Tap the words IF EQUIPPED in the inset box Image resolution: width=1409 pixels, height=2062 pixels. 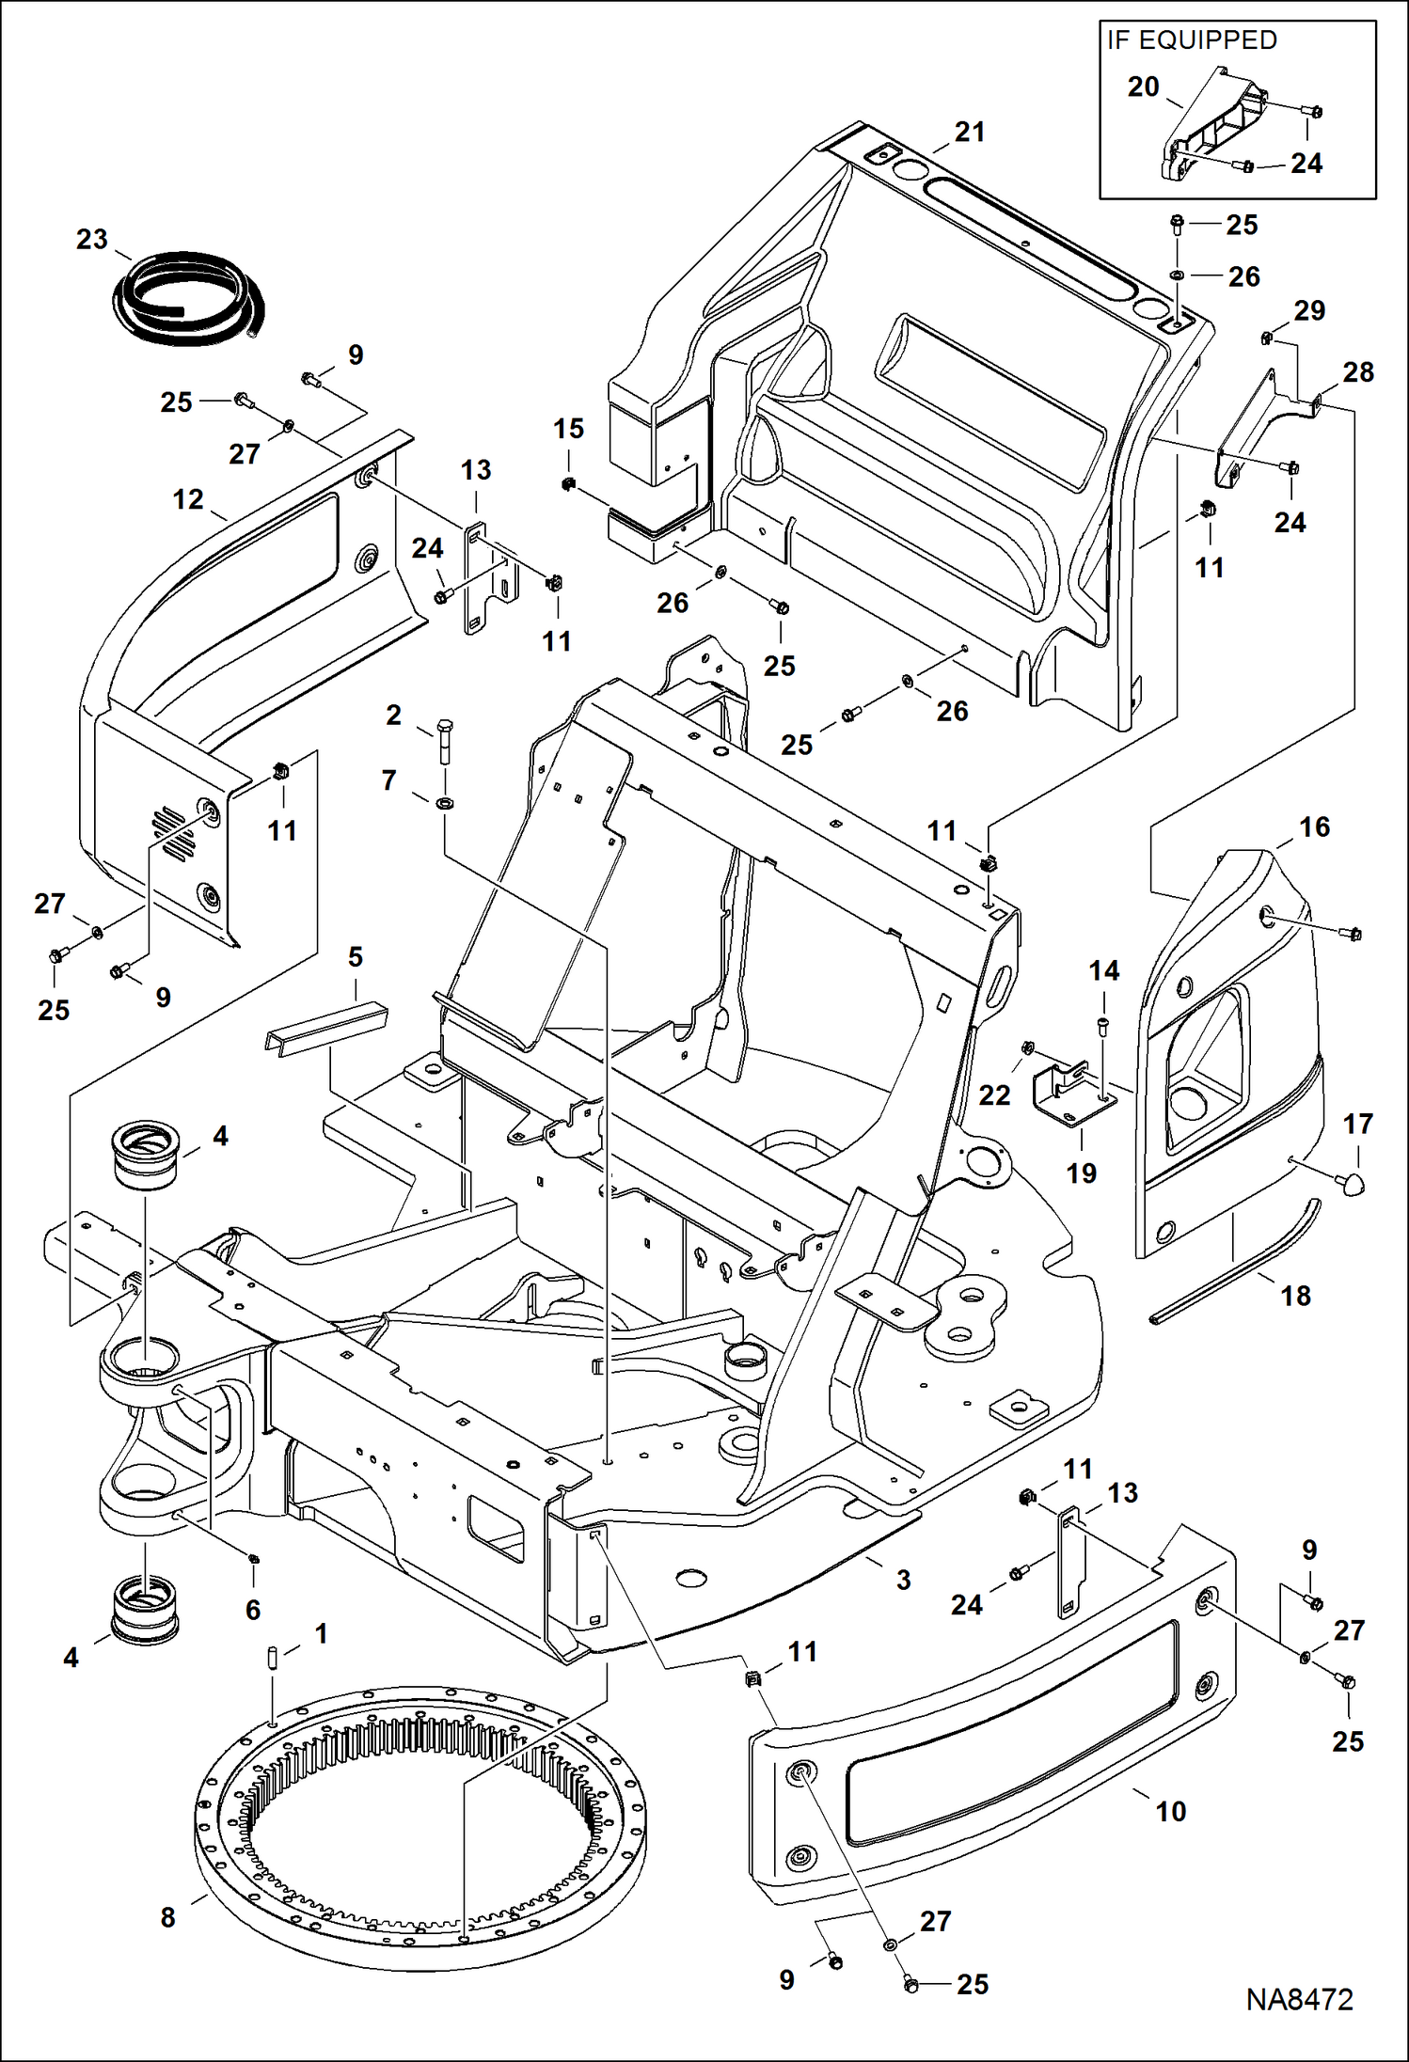(x=1192, y=40)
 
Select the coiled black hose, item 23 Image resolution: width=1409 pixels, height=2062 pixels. (x=193, y=295)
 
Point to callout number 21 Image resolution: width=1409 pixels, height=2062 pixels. (x=969, y=133)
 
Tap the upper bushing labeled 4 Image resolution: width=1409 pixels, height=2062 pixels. (x=145, y=1156)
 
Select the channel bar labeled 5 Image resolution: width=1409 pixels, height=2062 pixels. (x=325, y=1029)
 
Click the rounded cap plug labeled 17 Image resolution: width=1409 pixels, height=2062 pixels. (x=1352, y=1183)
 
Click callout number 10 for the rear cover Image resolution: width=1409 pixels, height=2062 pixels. (x=1170, y=1811)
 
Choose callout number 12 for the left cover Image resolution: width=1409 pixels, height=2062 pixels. (x=188, y=499)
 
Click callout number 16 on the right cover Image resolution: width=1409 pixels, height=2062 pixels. (x=1314, y=827)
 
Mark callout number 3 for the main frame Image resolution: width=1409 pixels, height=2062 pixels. (x=903, y=1580)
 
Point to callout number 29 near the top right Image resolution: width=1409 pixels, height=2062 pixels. (x=1309, y=311)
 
